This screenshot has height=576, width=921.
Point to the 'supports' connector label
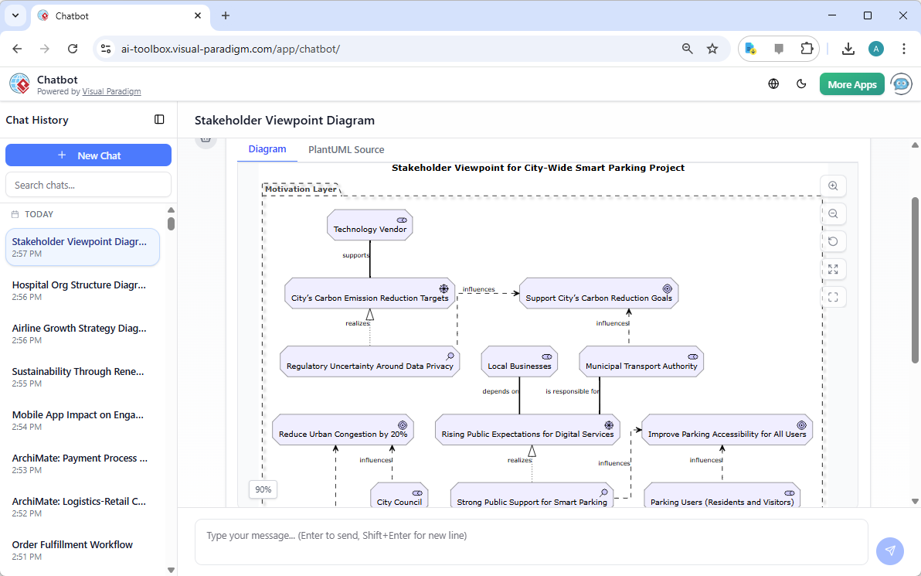pos(355,255)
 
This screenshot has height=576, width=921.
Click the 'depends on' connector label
pos(501,391)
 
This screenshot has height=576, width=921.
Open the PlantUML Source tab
pos(346,150)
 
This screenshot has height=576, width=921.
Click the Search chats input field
pos(88,185)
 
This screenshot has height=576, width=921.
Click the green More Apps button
pos(851,84)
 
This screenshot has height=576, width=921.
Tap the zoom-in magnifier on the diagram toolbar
pos(833,186)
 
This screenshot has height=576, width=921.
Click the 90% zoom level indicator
pos(263,489)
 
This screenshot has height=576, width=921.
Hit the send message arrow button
pos(889,550)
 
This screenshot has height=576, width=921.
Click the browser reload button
pos(73,49)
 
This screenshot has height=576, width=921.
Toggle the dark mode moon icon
pos(801,84)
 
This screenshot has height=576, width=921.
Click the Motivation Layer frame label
pos(301,189)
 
